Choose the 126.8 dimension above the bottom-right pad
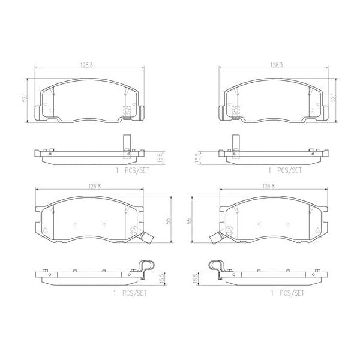268,187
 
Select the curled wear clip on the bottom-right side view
216,267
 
